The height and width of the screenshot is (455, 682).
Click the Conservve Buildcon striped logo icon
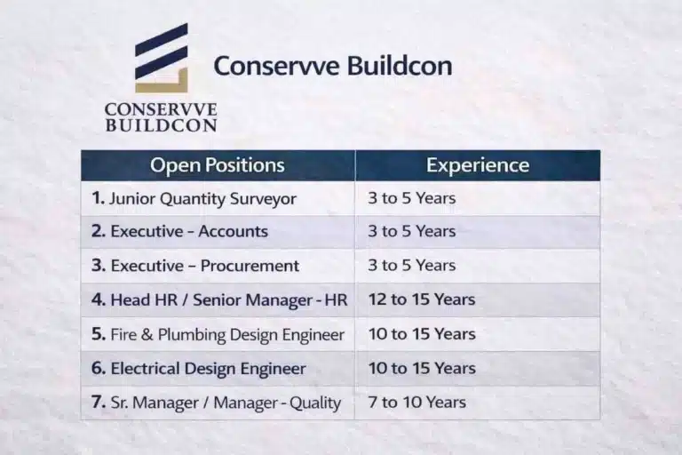162,59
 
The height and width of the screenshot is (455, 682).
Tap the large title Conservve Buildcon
333,67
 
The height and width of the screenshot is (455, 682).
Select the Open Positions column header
218,165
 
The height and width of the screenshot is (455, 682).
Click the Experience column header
478,165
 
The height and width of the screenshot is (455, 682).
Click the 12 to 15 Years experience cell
422,300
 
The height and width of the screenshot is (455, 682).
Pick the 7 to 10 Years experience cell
417,403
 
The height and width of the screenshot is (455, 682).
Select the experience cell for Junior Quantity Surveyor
412,198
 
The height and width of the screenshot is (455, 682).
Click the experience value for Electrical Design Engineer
422,369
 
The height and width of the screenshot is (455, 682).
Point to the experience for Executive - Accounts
412,232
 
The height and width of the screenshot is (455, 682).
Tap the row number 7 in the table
98,403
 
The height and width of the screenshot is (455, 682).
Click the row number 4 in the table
98,300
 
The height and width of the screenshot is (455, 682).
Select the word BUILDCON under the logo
161,125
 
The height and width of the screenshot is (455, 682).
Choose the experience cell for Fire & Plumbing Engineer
422,335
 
